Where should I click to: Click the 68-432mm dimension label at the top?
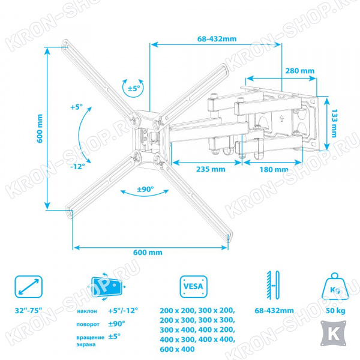click(x=217, y=39)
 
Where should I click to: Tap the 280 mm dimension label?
click(x=300, y=71)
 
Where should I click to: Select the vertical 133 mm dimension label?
click(x=334, y=123)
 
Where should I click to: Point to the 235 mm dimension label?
click(x=211, y=169)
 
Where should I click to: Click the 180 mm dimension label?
click(x=274, y=170)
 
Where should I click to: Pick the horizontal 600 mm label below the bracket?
click(x=148, y=253)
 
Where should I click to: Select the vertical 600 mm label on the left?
click(x=40, y=128)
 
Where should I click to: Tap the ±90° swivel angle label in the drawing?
click(x=145, y=190)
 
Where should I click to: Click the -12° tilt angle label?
click(x=77, y=166)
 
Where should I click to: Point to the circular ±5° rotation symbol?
click(x=133, y=88)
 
